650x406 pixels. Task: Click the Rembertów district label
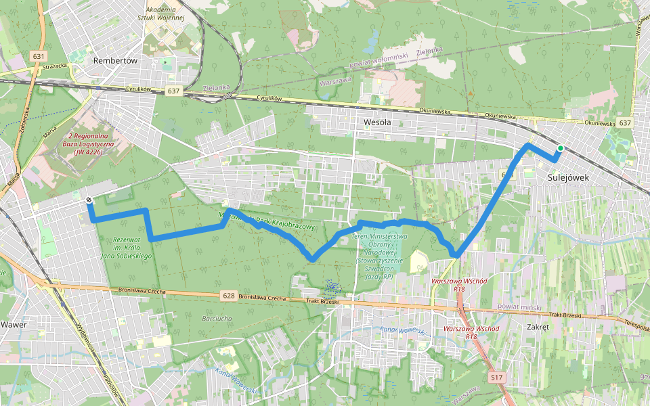coord(114,60)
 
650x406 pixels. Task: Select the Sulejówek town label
coord(567,177)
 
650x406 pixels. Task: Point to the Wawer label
coord(13,324)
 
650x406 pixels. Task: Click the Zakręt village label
coord(538,325)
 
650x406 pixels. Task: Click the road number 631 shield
coord(38,56)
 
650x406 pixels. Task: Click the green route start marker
coord(560,148)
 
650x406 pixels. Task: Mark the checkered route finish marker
coord(89,200)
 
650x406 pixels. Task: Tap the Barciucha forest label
coord(217,317)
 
